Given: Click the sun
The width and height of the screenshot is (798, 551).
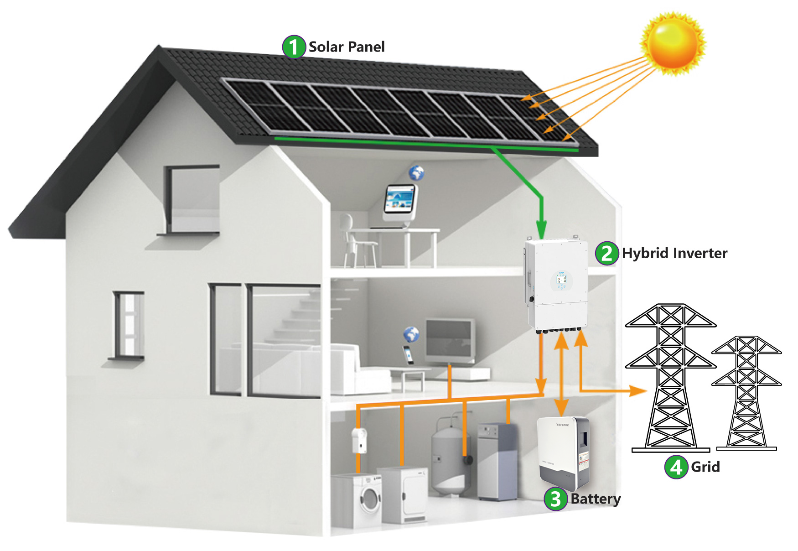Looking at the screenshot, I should point(673,43).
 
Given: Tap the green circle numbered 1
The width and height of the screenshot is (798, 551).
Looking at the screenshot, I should point(294,47).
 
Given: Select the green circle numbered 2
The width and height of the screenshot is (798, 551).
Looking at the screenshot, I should point(606,254).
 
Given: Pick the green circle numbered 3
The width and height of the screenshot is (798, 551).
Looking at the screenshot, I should point(555,499).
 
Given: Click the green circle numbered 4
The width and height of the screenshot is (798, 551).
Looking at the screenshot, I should point(676,467).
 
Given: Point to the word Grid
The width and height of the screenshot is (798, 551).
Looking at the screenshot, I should point(705,467).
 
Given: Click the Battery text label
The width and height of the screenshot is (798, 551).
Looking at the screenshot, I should point(596,499).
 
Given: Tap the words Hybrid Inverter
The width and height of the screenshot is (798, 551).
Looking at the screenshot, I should point(674,254).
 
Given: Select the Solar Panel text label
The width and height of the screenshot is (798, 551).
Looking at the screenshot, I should point(347,47).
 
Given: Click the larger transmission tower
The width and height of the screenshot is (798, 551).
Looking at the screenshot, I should point(670,379).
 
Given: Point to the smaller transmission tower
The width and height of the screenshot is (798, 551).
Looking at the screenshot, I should point(746,392).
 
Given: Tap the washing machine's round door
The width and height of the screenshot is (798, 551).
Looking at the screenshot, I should point(370,499).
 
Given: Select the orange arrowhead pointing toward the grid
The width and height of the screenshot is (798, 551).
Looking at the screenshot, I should point(638,391).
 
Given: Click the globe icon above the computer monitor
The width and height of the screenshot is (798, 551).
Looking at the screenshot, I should point(416,173).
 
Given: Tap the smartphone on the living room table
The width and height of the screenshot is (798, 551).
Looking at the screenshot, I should point(409,354).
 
